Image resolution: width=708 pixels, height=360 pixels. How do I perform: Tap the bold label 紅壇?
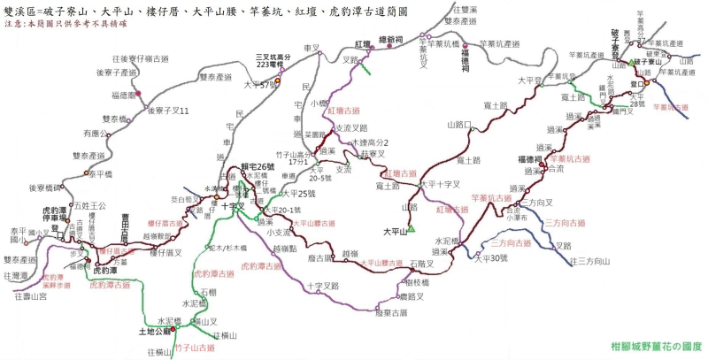[x=363, y=43]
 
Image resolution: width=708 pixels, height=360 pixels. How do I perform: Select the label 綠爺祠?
[x=390, y=40]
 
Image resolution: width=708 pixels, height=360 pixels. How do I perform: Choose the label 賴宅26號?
[x=235, y=167]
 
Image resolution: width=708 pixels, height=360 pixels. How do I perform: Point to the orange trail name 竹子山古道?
[x=196, y=349]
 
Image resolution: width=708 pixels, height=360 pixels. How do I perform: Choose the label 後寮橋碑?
[x=45, y=188]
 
